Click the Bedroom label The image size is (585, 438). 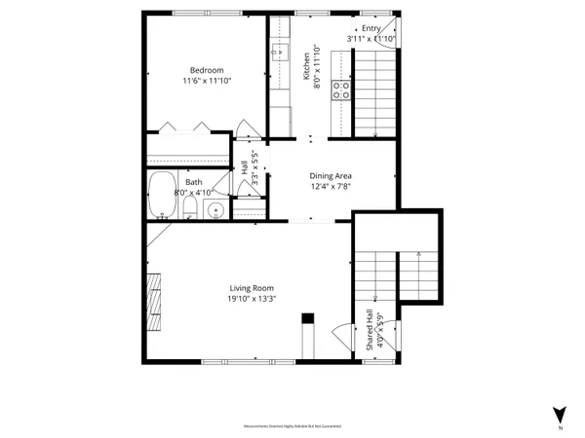point(207,70)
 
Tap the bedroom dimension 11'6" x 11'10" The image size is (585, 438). point(207,81)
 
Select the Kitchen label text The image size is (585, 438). point(306,64)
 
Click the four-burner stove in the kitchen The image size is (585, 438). point(341,91)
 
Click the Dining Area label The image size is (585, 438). point(330,175)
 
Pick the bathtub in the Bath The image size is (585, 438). point(161,197)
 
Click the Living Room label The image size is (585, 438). point(252,288)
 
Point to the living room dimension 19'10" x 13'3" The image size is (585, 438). point(252,299)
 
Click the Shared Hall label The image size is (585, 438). point(370,331)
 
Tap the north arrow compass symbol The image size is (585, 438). point(559,413)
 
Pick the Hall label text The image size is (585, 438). point(244,167)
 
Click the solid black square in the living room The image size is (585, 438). point(308,318)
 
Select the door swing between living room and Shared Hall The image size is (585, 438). point(340,336)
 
